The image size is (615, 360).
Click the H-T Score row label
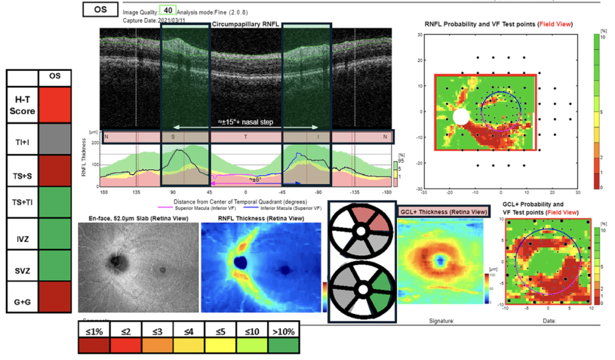pos(22,105)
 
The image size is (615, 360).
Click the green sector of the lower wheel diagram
pos(380,288)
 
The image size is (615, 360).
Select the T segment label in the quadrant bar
pos(246,137)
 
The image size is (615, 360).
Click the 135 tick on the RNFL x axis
pos(136,193)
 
